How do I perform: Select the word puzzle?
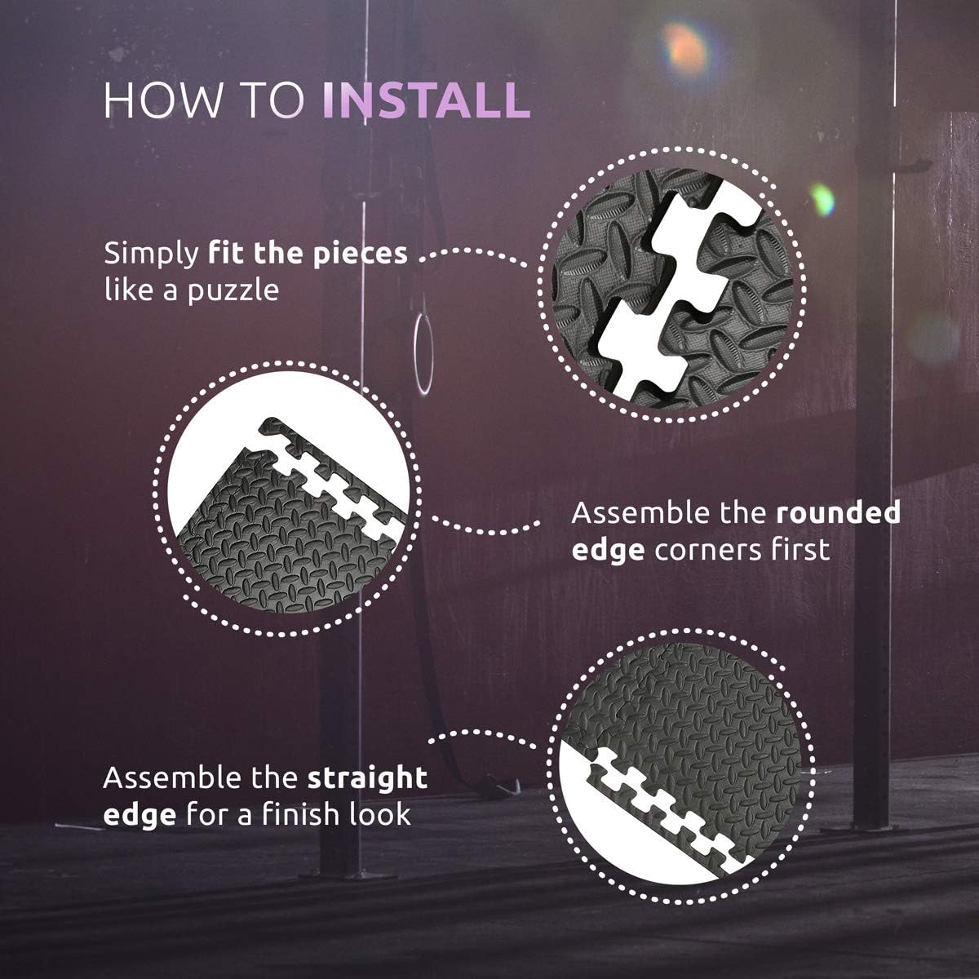click(233, 291)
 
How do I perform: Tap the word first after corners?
click(803, 549)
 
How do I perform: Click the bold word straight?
click(367, 779)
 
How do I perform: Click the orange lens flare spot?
click(685, 49)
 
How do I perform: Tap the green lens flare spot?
click(822, 199)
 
